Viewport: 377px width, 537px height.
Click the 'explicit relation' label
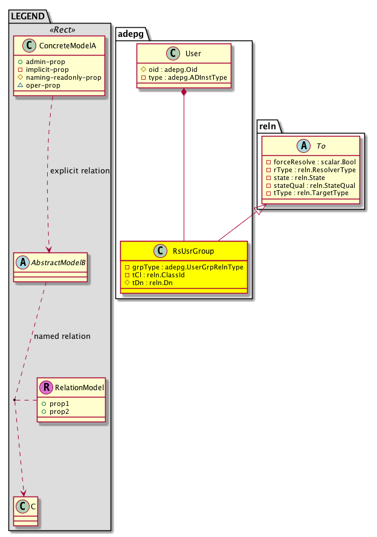pos(80,171)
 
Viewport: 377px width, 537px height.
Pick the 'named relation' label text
pos(62,336)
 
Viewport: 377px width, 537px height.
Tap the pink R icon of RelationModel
pos(46,387)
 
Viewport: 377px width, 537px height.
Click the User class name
pos(193,54)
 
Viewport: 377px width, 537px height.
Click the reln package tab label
pos(268,125)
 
